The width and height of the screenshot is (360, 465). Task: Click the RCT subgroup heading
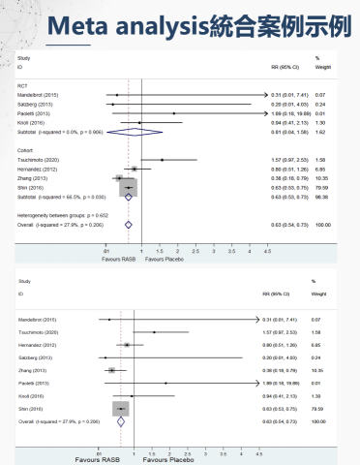(23, 84)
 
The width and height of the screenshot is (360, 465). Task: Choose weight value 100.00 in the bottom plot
(315, 421)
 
